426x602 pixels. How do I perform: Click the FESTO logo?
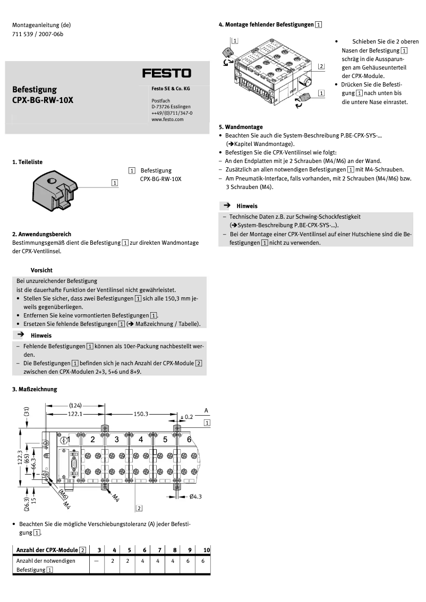click(166, 73)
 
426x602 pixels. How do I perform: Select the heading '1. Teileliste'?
click(27, 161)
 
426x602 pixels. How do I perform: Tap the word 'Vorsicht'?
click(41, 270)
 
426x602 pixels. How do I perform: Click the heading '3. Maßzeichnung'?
click(35, 389)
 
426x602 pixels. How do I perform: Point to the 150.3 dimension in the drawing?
click(141, 413)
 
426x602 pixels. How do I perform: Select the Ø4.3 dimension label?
click(195, 496)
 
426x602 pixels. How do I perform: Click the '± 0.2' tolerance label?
click(187, 417)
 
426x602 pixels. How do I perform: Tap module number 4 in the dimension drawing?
click(141, 439)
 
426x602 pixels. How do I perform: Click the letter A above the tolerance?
click(206, 410)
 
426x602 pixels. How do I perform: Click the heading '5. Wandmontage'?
click(241, 127)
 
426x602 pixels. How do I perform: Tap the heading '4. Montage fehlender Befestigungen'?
click(270, 24)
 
